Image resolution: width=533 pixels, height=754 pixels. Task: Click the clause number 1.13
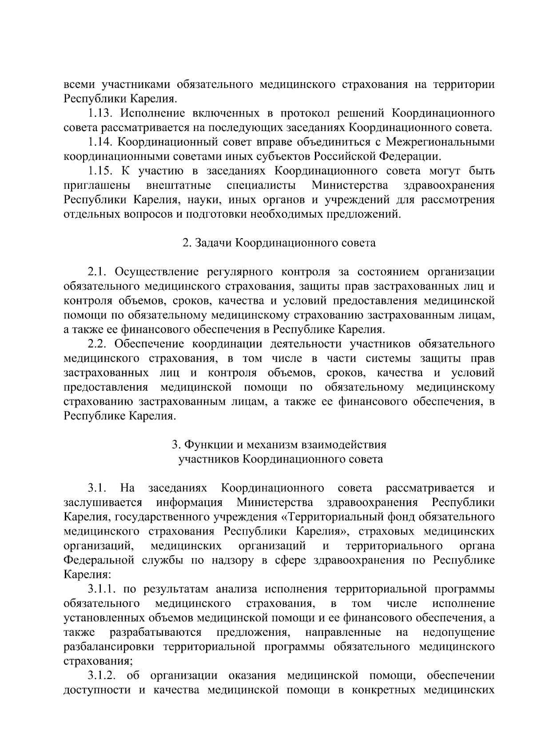click(x=99, y=113)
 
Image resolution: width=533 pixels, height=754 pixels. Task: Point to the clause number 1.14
click(x=99, y=142)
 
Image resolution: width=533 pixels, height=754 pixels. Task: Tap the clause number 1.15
click(x=99, y=171)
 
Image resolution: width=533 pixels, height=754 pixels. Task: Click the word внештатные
click(x=179, y=185)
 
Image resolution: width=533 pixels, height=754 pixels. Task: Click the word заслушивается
click(x=103, y=503)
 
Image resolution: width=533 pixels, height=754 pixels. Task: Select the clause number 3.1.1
click(x=102, y=589)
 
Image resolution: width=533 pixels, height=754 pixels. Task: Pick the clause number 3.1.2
click(x=102, y=676)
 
